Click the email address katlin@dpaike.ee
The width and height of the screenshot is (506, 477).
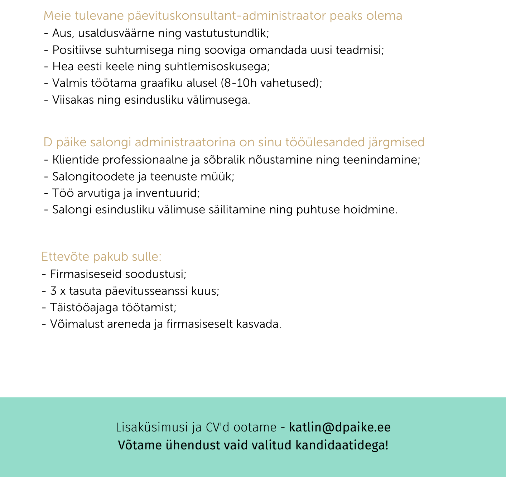pyautogui.click(x=339, y=428)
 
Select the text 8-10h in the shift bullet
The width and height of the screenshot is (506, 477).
pyautogui.click(x=239, y=83)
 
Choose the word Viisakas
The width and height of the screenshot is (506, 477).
pyautogui.click(x=73, y=100)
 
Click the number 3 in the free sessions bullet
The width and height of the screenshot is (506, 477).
pyautogui.click(x=53, y=291)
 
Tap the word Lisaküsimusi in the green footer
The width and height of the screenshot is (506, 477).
pyautogui.click(x=151, y=428)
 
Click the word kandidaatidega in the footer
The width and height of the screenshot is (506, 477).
pyautogui.click(x=341, y=445)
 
